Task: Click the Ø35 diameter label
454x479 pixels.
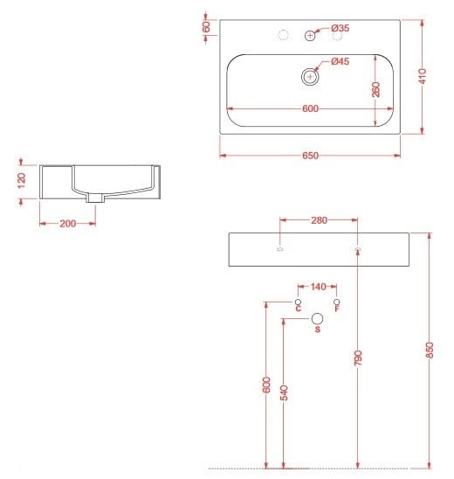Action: [340, 28]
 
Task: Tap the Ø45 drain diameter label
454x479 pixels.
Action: [340, 61]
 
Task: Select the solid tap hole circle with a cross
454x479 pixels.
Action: [310, 36]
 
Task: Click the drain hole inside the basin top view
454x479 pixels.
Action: [310, 77]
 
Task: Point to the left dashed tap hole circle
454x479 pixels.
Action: [284, 36]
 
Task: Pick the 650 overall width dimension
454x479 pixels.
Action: [310, 156]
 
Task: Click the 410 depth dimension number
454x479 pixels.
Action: [423, 76]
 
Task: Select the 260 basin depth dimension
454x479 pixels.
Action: [376, 89]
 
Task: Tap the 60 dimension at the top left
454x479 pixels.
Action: [207, 27]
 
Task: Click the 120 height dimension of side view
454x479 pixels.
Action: [21, 181]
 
